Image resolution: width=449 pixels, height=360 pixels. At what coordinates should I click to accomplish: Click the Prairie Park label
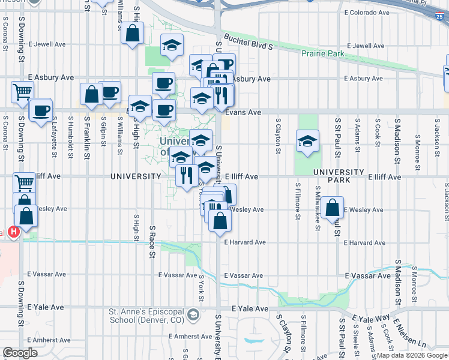(323, 54)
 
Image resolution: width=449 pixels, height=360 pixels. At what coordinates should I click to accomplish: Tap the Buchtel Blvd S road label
(249, 41)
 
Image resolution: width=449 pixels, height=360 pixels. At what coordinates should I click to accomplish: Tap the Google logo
(20, 353)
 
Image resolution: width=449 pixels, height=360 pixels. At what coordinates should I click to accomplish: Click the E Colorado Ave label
(367, 12)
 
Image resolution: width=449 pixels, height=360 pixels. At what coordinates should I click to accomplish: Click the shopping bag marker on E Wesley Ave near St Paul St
(332, 208)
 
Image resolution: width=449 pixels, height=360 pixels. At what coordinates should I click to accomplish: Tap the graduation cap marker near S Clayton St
(307, 141)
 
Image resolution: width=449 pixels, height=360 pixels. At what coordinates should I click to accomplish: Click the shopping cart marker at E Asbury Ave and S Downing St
(22, 92)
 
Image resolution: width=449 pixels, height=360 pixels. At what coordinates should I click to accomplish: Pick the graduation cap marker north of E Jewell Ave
(172, 46)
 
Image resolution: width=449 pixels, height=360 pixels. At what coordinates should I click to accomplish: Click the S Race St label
(152, 240)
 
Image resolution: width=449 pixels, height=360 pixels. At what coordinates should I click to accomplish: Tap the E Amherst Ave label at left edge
(36, 340)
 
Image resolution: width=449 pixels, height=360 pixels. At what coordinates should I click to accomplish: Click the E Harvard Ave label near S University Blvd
(245, 242)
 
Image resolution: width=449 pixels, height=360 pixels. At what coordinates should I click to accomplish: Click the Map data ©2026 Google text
(412, 355)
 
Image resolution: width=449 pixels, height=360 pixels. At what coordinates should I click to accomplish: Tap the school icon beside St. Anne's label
(193, 314)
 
